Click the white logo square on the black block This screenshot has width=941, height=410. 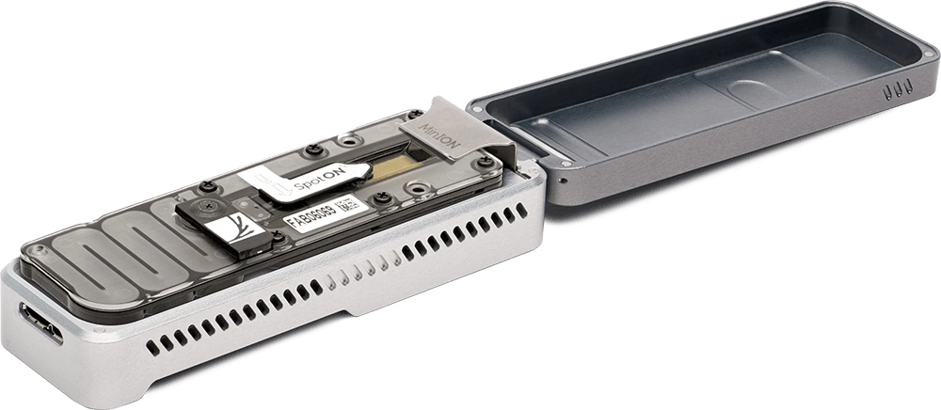coord(228,229)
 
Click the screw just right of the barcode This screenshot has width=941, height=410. coord(381,200)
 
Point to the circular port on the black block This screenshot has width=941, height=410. coord(203,207)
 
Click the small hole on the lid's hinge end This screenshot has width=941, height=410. coord(563,177)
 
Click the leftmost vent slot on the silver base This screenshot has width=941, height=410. coord(152,346)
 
